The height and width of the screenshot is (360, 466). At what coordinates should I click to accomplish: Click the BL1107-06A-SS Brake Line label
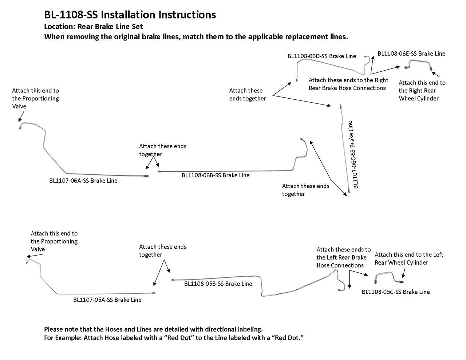83,181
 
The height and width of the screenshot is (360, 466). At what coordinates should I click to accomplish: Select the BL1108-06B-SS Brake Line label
216,175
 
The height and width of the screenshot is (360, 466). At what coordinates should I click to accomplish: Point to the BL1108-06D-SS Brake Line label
322,56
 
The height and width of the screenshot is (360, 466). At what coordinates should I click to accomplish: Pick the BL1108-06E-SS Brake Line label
411,54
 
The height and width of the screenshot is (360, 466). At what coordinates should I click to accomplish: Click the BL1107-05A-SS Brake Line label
107,300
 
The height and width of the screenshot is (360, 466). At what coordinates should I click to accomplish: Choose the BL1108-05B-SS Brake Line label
218,284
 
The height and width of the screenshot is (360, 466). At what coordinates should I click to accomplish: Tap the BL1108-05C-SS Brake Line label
396,292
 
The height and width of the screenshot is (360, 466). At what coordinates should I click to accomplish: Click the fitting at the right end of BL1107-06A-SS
146,176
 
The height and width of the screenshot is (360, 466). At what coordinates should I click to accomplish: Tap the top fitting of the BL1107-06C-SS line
340,107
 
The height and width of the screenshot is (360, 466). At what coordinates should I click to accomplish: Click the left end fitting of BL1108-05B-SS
173,280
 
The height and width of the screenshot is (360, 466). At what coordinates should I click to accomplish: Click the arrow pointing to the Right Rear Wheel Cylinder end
435,74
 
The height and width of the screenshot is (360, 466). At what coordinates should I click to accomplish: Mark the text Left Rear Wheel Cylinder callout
409,258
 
